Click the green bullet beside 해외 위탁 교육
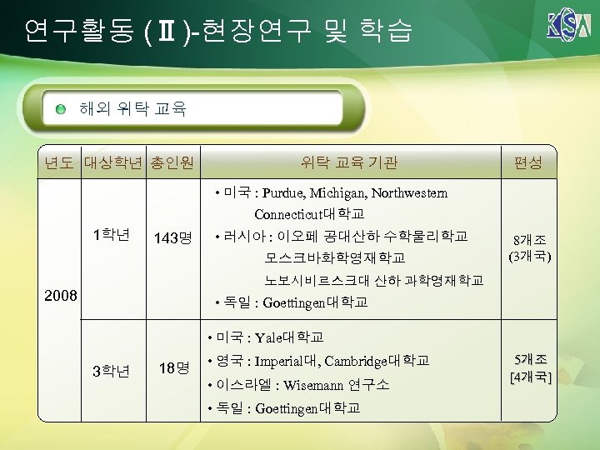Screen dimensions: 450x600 (62, 108)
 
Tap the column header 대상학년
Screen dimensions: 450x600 (113, 162)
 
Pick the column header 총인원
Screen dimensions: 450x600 (172, 162)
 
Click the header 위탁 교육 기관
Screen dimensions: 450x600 (348, 162)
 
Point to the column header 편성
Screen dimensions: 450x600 (528, 162)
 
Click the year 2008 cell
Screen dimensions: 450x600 (60, 296)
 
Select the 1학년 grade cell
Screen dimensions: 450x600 (112, 234)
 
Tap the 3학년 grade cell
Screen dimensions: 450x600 (112, 370)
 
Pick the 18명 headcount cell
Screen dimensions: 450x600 (172, 367)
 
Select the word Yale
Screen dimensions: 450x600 (269, 337)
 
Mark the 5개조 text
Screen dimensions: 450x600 (530, 359)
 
